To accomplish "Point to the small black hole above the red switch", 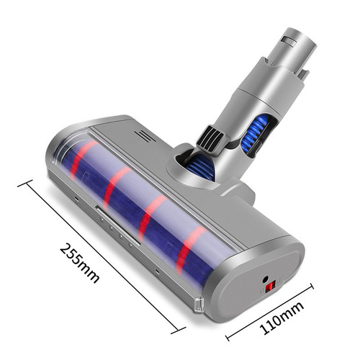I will [269, 276].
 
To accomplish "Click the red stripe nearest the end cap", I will [189, 247].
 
